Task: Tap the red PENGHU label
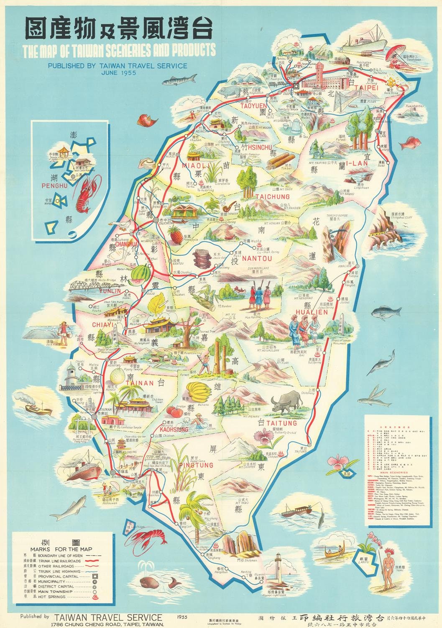point(53,184)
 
